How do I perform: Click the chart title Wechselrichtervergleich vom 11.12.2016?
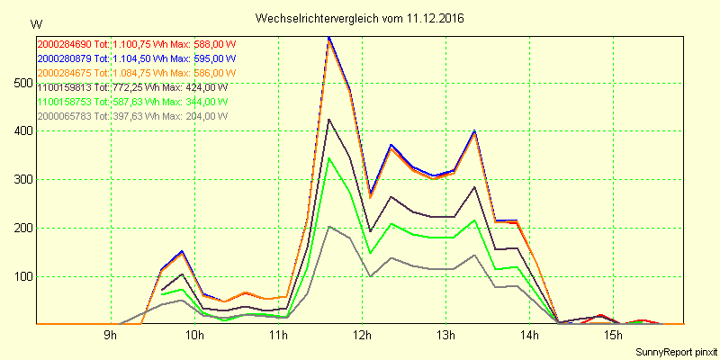pyautogui.click(x=360, y=18)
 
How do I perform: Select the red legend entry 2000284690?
pyautogui.click(x=136, y=43)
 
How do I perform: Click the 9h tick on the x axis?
pyautogui.click(x=111, y=336)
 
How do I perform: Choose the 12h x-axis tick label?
pyautogui.click(x=362, y=336)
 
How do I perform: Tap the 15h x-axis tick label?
pyautogui.click(x=613, y=336)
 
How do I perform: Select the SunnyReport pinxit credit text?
pyautogui.click(x=675, y=350)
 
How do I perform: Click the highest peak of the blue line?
pyautogui.click(x=329, y=38)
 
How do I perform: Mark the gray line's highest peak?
pyautogui.click(x=329, y=226)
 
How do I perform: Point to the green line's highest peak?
pyautogui.click(x=329, y=158)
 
